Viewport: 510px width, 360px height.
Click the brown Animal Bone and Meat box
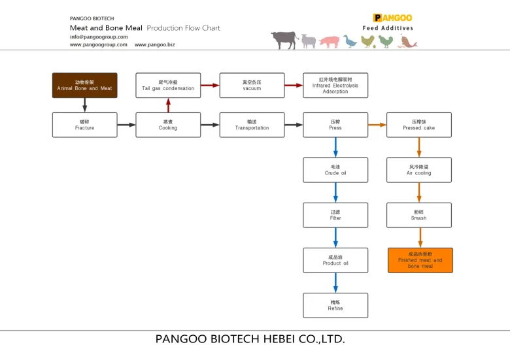click(84, 85)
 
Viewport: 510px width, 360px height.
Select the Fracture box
click(84, 125)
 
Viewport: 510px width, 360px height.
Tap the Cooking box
click(168, 125)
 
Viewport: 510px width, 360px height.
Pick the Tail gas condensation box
click(168, 85)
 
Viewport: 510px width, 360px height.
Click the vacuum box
click(252, 85)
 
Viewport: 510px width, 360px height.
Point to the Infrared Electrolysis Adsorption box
click(335, 85)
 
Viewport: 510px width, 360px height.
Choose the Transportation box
click(252, 125)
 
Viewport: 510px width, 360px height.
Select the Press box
click(335, 125)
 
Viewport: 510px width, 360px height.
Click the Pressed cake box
click(419, 125)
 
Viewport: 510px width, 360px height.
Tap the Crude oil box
click(335, 170)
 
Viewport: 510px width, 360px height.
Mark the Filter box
click(335, 215)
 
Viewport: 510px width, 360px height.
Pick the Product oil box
click(335, 260)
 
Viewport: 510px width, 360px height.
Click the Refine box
click(335, 305)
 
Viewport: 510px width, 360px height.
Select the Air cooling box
click(419, 170)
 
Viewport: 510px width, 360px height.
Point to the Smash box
click(419, 215)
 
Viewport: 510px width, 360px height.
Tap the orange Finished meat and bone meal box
click(420, 260)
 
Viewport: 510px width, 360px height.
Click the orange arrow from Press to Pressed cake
click(377, 125)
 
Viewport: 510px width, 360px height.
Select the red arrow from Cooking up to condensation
click(168, 105)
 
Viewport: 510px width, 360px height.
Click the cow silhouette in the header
click(284, 40)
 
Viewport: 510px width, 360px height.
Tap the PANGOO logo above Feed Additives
click(392, 18)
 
